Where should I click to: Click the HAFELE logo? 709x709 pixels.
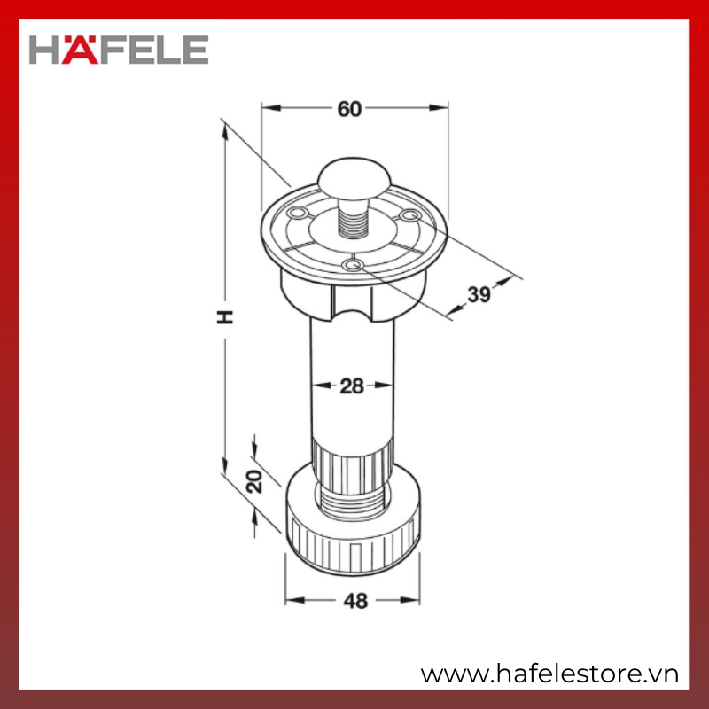(119, 50)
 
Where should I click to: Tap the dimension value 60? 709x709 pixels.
(349, 109)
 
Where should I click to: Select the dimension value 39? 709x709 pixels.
(479, 294)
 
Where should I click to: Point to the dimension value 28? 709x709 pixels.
(351, 386)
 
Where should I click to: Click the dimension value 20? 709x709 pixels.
(254, 481)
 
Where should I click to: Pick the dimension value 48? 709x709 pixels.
(355, 601)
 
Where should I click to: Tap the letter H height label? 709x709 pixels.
(225, 317)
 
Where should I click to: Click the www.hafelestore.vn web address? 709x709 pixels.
(549, 674)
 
